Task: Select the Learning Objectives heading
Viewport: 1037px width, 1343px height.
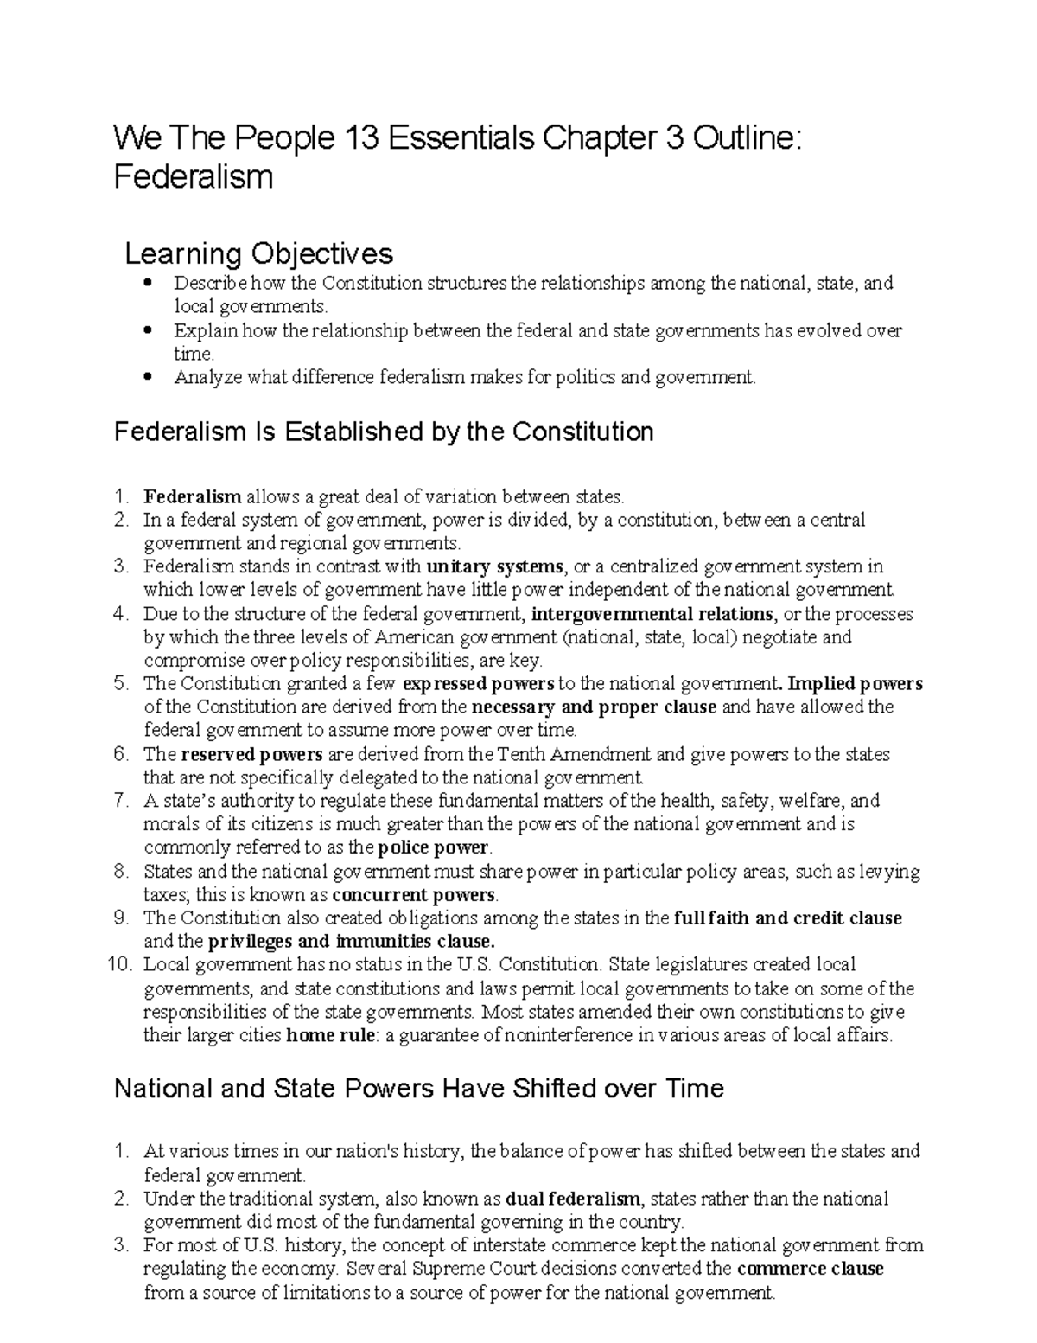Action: pyautogui.click(x=259, y=253)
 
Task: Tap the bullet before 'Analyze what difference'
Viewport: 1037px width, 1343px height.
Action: pyautogui.click(x=150, y=377)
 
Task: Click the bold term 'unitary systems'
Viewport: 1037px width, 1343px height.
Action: pyautogui.click(x=494, y=567)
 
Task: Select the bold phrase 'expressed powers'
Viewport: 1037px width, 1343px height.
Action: pyautogui.click(x=479, y=684)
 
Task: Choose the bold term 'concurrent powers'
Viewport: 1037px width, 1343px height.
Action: pyautogui.click(x=414, y=894)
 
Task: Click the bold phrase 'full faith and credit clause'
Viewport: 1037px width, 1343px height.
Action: pyautogui.click(x=787, y=918)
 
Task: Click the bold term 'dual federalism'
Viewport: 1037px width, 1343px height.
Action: pyautogui.click(x=573, y=1199)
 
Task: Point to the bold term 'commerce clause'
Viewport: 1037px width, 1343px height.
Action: pyautogui.click(x=810, y=1269)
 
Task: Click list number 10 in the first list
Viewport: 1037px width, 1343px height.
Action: pyautogui.click(x=122, y=964)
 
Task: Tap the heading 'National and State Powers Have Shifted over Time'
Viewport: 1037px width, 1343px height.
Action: pyautogui.click(x=418, y=1088)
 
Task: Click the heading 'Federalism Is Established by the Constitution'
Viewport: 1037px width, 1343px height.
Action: pyautogui.click(x=384, y=432)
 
